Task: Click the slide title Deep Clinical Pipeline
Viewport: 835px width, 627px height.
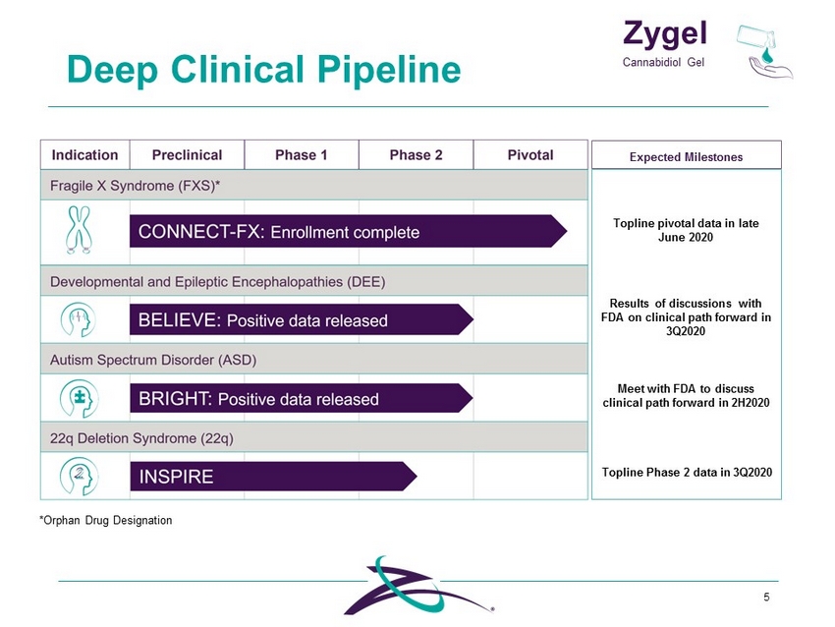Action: click(x=263, y=70)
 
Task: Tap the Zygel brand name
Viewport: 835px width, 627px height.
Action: click(x=665, y=33)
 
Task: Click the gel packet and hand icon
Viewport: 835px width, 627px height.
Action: click(x=764, y=52)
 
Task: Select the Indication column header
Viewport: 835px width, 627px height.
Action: click(x=84, y=155)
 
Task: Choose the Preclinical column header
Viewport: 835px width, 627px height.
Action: click(x=187, y=155)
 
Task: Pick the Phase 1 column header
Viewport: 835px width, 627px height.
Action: click(x=301, y=155)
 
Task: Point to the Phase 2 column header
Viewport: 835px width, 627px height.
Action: click(x=416, y=155)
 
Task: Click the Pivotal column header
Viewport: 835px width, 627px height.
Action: click(x=530, y=155)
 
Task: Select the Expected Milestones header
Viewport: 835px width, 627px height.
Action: click(x=686, y=157)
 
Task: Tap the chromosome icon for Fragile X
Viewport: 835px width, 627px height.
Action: click(x=80, y=230)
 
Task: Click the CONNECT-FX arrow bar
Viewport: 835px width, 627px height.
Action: click(x=349, y=231)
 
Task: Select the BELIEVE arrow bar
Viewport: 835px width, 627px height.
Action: click(x=302, y=319)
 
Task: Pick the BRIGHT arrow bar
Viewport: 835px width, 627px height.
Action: click(x=302, y=398)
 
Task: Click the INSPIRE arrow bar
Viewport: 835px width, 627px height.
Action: click(x=274, y=477)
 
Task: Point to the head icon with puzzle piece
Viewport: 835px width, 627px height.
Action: click(x=79, y=398)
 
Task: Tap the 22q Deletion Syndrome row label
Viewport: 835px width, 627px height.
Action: click(x=141, y=438)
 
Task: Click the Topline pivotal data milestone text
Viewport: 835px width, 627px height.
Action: click(x=686, y=230)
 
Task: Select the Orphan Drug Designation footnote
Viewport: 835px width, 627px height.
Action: click(x=105, y=520)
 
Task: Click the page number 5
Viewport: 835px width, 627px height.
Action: click(x=766, y=597)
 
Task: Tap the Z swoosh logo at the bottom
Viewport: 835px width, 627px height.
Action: click(x=418, y=586)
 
